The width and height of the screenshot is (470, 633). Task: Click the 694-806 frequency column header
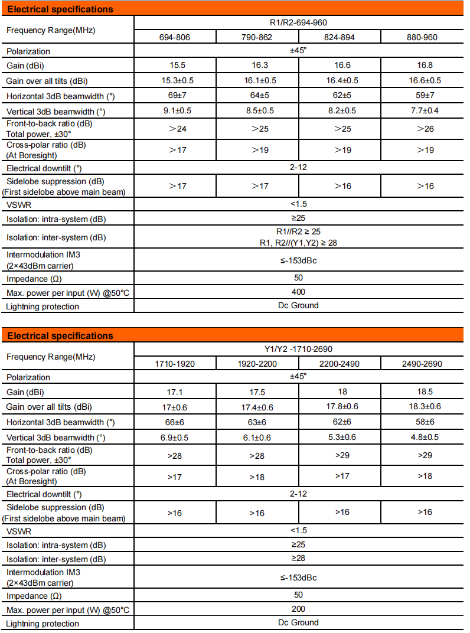[175, 37]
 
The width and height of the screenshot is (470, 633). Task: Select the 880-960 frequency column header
[422, 37]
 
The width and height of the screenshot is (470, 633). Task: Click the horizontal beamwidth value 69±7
[175, 96]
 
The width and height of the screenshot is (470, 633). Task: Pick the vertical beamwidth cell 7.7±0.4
[422, 110]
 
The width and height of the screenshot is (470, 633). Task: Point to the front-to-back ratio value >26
[422, 129]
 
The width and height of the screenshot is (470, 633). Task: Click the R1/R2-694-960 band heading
[298, 23]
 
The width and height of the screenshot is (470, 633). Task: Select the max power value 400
[298, 292]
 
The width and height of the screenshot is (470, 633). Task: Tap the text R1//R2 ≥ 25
[298, 233]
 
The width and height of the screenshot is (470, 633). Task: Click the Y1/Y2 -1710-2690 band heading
[298, 349]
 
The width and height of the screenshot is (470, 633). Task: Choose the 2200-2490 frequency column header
[340, 364]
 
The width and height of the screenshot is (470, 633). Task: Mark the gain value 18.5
[422, 392]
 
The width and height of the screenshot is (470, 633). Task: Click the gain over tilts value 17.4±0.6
[257, 407]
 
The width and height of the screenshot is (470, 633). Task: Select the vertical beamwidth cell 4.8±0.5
[422, 437]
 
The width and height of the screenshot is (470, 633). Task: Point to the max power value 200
[298, 609]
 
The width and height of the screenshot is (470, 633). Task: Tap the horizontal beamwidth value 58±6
[422, 422]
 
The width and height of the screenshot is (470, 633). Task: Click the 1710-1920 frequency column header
[175, 364]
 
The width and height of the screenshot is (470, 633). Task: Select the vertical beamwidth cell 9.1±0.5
[175, 110]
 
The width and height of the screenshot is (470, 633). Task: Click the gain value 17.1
[175, 392]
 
